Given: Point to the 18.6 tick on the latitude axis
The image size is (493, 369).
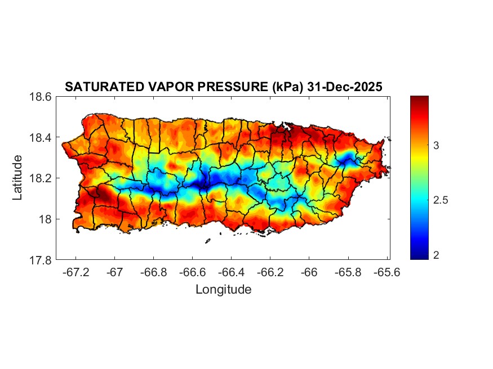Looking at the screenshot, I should (x=41, y=97).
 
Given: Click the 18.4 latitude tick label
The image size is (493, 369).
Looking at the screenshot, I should (x=41, y=138).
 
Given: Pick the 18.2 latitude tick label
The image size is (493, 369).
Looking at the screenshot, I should (x=41, y=178).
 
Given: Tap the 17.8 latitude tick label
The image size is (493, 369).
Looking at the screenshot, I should (x=41, y=260).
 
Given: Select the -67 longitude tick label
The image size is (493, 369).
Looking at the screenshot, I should (x=115, y=272).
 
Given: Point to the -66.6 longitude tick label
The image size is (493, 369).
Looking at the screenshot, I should (x=193, y=272).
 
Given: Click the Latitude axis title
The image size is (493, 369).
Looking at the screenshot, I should (x=18, y=178).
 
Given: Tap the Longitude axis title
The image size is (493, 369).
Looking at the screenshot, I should (x=223, y=290).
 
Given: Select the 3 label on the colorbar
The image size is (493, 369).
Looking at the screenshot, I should (x=437, y=146).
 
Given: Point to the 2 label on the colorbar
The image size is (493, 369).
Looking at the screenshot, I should (x=437, y=255).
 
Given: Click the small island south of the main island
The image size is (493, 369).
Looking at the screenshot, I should (x=207, y=241).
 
